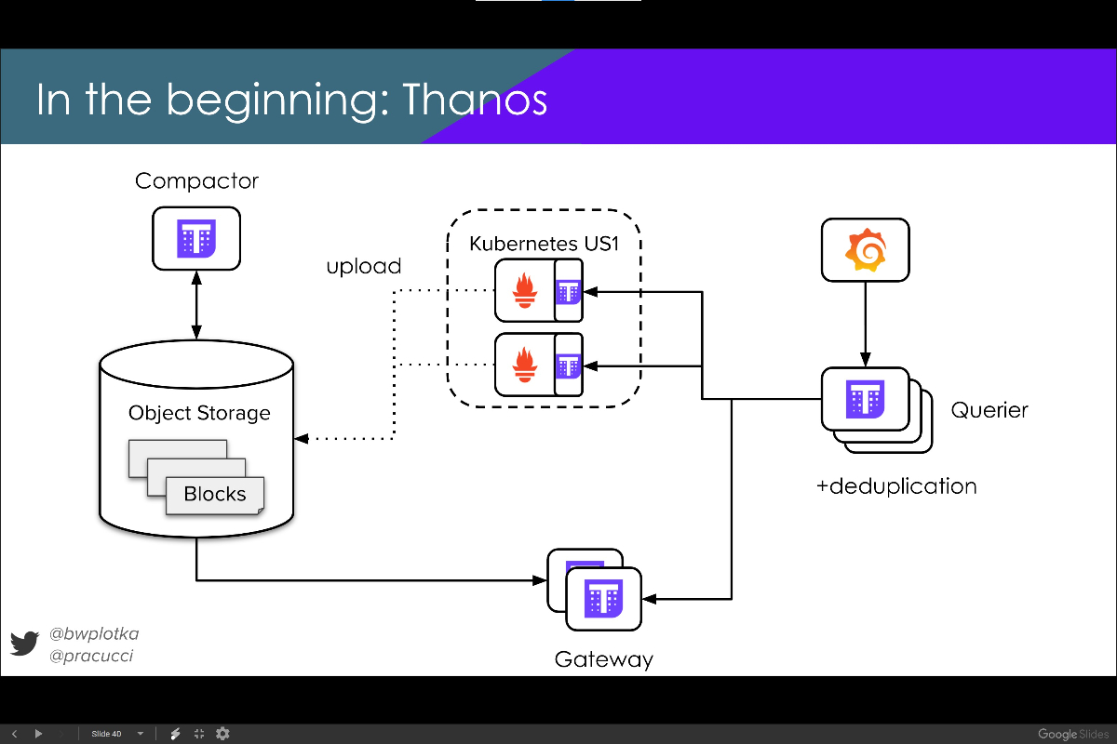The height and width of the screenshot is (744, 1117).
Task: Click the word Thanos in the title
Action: [x=475, y=100]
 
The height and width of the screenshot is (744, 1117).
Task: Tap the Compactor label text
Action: [x=196, y=181]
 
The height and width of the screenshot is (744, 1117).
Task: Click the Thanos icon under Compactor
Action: [x=196, y=239]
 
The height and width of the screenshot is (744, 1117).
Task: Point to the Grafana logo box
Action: [x=865, y=249]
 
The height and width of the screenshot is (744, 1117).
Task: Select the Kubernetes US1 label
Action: [x=544, y=244]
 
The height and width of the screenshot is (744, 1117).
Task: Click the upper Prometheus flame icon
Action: [x=525, y=290]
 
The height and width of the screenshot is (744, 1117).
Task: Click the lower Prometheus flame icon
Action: [x=525, y=365]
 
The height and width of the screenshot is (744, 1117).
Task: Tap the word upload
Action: [x=364, y=267]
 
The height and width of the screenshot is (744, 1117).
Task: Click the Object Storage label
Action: [x=199, y=413]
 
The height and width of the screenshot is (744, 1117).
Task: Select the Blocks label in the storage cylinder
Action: [x=214, y=494]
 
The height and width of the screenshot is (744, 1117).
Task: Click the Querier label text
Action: [x=989, y=410]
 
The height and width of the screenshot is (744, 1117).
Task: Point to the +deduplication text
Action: [x=896, y=486]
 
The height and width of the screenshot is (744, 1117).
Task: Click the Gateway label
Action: [x=603, y=659]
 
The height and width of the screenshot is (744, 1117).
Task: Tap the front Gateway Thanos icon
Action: [x=603, y=599]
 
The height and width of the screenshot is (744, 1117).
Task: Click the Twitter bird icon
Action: [x=24, y=644]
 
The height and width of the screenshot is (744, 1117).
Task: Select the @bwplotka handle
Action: [x=94, y=634]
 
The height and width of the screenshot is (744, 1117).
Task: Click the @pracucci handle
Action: [x=91, y=656]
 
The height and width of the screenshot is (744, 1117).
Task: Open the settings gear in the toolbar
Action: [x=222, y=734]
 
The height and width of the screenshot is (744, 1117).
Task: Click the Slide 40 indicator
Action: [x=106, y=734]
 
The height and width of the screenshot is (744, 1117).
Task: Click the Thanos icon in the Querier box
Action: [x=865, y=399]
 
